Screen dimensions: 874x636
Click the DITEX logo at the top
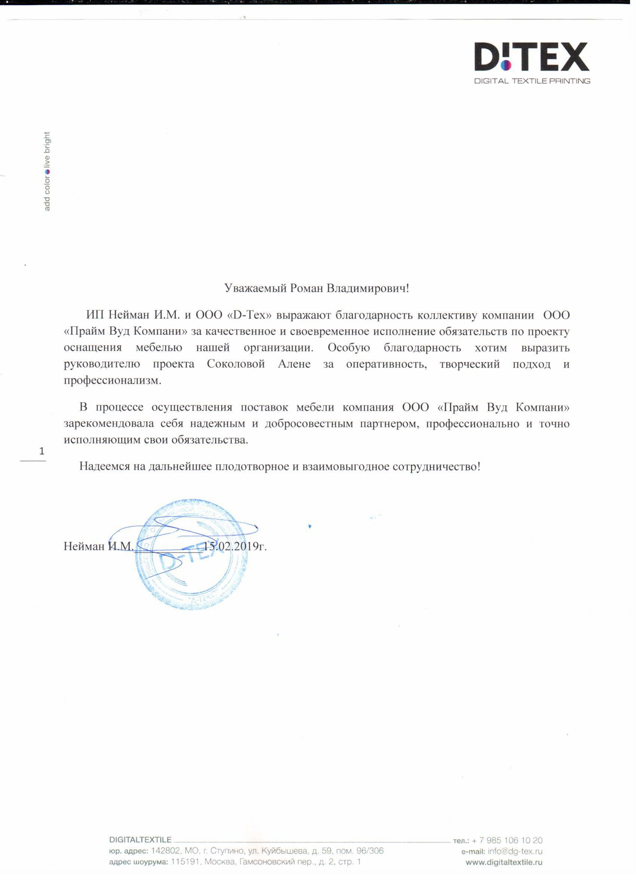click(x=531, y=56)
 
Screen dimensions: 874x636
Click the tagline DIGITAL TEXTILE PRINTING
click(x=532, y=81)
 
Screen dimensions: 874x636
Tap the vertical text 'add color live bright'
click(x=47, y=171)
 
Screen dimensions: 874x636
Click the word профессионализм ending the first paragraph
click(x=112, y=380)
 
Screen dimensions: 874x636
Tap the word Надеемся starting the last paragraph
click(x=104, y=466)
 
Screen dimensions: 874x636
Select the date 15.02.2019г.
click(x=235, y=546)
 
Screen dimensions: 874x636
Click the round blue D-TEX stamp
click(x=192, y=555)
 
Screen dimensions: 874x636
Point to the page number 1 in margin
click(x=42, y=451)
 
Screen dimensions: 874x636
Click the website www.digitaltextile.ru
click(x=504, y=863)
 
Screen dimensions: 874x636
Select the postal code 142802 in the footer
click(x=165, y=851)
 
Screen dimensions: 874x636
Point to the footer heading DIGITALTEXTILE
click(x=140, y=840)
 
